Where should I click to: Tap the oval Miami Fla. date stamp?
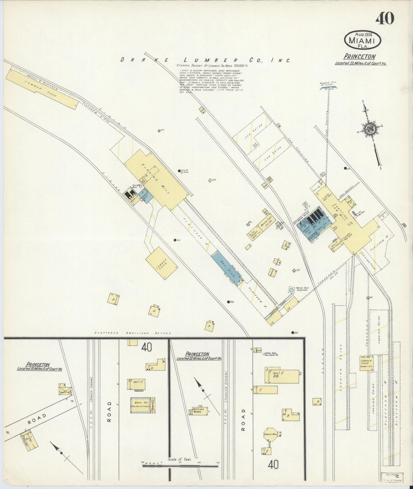point(363,40)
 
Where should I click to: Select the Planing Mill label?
point(156,179)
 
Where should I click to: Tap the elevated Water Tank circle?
point(291,290)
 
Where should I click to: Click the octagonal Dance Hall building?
point(270,435)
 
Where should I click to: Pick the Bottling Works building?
point(199,411)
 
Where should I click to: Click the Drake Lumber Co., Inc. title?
point(205,60)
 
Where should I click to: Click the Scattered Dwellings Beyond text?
point(133,333)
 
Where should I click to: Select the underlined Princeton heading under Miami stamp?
point(360,56)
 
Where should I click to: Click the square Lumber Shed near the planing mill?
point(161,263)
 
